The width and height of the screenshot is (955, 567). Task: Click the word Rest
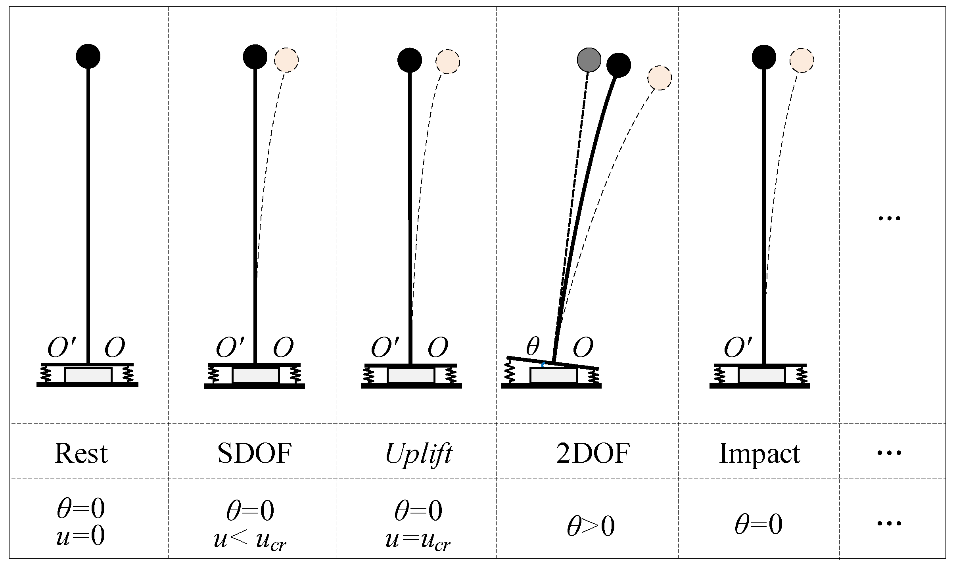coord(81,453)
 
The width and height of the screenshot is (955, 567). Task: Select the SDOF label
coord(255,453)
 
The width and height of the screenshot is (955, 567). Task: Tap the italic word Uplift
coord(418,453)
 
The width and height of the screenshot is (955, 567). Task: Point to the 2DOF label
coord(593,453)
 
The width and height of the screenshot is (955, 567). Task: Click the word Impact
coord(759,453)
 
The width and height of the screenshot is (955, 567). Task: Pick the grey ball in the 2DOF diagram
coord(589,60)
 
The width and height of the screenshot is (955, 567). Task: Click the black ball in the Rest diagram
coord(88,56)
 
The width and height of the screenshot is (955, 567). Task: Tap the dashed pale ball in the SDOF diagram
coord(286,60)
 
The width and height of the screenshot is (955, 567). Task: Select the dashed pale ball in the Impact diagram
coord(802,61)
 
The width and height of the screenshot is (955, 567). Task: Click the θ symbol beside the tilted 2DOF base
coord(533,347)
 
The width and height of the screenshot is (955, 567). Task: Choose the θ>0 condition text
coord(591,527)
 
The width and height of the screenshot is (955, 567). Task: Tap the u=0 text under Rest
coord(81,536)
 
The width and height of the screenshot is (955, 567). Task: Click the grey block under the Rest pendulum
coord(88,375)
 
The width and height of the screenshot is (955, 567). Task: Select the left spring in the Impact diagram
coord(717,375)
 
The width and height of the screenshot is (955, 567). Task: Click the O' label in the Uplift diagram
coord(385,347)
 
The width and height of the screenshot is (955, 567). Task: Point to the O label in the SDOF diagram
coord(283,347)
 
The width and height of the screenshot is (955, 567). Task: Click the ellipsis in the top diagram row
coord(890,218)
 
